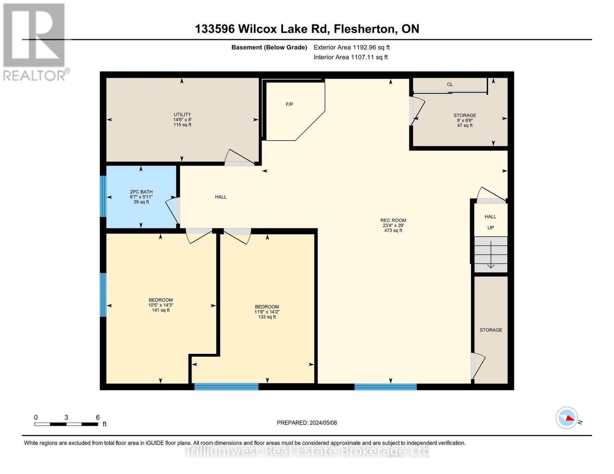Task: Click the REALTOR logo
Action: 34,41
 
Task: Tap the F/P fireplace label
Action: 289,105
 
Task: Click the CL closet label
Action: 450,85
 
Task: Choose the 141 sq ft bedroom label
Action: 161,305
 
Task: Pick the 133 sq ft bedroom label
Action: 267,312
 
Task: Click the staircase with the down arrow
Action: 491,255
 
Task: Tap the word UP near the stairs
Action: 491,228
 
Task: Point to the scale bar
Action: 66,424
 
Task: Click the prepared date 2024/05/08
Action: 307,423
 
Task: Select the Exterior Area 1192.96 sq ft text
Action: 351,47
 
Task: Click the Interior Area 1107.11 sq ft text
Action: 351,57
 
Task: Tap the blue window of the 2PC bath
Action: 103,196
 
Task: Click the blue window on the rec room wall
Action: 385,387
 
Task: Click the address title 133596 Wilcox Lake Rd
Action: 307,29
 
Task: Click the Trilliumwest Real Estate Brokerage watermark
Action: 307,451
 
